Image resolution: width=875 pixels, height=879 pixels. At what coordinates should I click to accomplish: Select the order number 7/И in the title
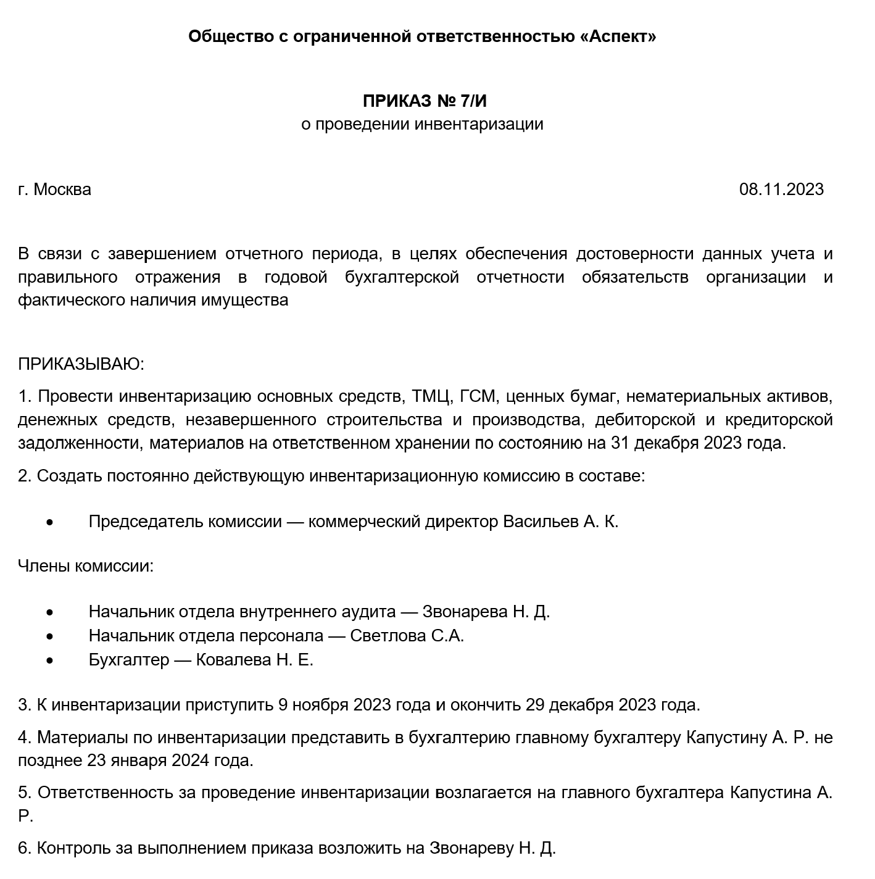478,101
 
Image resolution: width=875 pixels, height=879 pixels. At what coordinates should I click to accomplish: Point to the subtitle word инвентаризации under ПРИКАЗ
478,124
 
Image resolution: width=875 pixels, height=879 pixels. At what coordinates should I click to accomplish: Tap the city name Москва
62,190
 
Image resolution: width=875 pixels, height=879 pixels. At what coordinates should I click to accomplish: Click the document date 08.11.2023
781,190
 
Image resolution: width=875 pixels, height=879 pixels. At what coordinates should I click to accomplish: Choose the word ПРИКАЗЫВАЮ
81,364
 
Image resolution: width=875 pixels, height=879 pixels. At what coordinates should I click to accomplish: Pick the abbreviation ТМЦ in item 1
430,396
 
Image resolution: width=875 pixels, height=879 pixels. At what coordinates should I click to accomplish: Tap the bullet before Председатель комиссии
49,522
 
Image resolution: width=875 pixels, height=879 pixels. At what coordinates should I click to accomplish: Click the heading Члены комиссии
86,566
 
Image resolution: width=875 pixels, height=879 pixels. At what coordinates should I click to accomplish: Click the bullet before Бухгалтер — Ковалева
49,660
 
